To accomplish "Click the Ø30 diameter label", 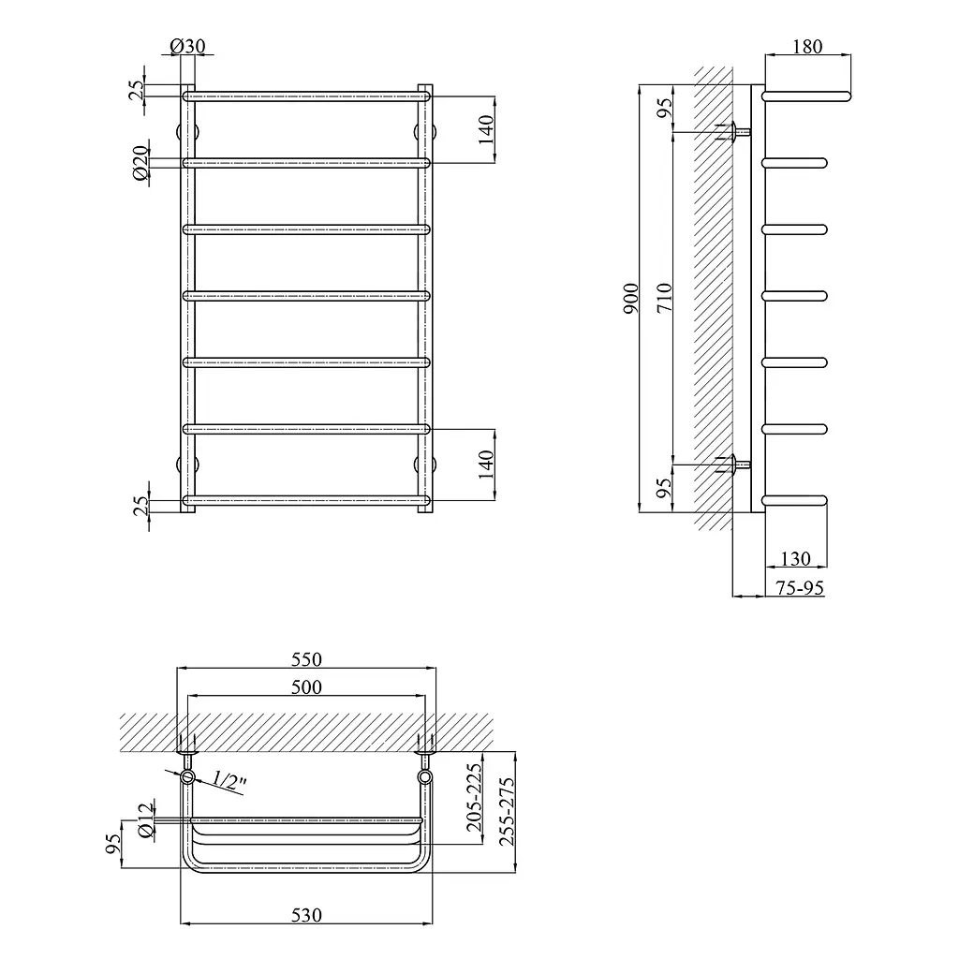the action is pos(187,46).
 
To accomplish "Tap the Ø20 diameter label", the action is pos(140,163).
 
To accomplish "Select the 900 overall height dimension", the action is pos(630,299).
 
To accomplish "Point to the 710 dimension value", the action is pos(664,298).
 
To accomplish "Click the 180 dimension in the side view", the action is pos(807,47).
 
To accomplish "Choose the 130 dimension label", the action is pos(796,558).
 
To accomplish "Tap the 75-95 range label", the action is pos(800,588).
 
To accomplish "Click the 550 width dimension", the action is pos(306,659).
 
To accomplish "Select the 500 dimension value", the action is pos(306,686).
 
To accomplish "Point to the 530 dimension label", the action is pos(306,915).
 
